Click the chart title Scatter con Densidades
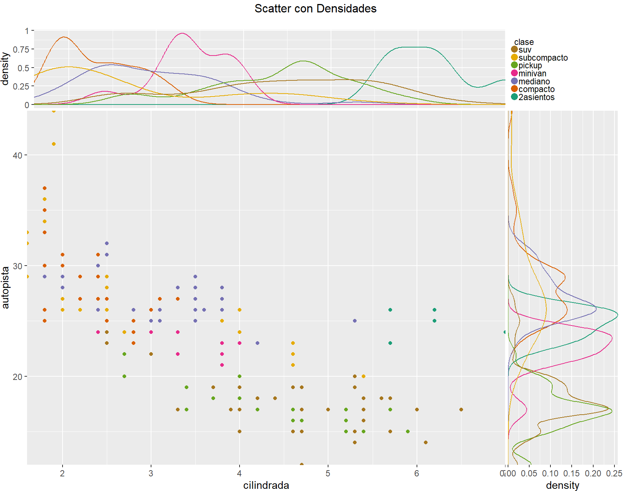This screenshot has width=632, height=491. [x=315, y=8]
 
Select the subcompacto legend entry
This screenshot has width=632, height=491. [x=543, y=58]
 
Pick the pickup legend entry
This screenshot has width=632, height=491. [x=530, y=65]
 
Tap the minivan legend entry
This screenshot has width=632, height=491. [x=532, y=73]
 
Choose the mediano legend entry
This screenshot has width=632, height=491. [x=534, y=81]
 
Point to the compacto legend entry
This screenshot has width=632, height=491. [x=536, y=89]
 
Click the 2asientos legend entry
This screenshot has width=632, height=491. [x=536, y=97]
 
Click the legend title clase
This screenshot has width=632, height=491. [x=524, y=42]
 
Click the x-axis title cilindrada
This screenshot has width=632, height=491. [x=266, y=485]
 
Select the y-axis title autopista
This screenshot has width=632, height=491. [x=5, y=288]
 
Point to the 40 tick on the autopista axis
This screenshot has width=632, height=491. [x=18, y=155]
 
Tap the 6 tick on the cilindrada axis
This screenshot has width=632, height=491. [x=417, y=473]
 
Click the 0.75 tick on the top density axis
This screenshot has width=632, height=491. [x=21, y=49]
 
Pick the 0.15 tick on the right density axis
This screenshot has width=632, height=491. [x=571, y=473]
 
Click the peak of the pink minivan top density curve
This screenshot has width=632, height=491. [x=182, y=33]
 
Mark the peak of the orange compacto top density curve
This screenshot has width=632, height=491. [x=64, y=37]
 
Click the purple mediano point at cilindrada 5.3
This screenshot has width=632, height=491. [x=355, y=321]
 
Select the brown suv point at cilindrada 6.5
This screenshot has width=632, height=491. [x=461, y=410]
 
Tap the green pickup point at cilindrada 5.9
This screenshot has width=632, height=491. [x=408, y=431]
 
